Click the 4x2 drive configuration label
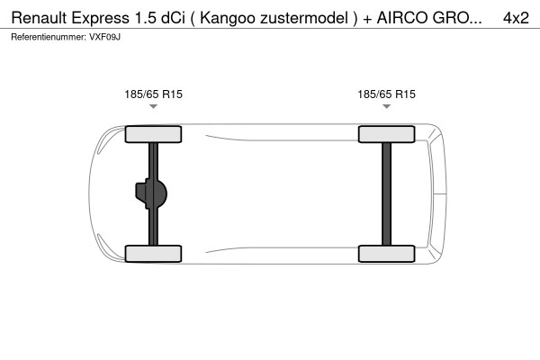[516, 18]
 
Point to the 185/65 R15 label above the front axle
[153, 94]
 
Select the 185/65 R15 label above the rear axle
[386, 94]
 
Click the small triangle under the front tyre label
[153, 107]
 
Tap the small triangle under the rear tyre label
[386, 107]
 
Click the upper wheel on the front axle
[153, 135]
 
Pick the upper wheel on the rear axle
[386, 135]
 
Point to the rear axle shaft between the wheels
[386, 193]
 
